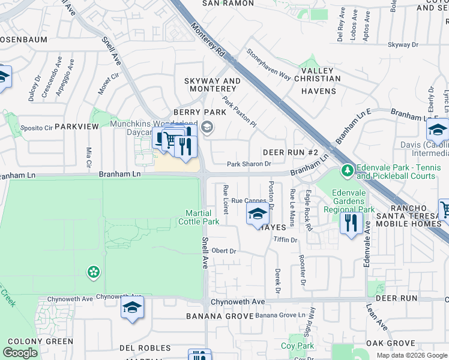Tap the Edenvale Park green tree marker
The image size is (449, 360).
pyautogui.click(x=347, y=172)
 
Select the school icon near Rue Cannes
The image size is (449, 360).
pyautogui.click(x=258, y=214)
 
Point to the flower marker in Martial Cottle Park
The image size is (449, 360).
pyautogui.click(x=93, y=272)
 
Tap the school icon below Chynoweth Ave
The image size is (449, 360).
pyautogui.click(x=132, y=309)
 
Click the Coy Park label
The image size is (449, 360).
pyautogui.click(x=298, y=346)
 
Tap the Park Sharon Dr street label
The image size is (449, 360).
pyautogui.click(x=249, y=164)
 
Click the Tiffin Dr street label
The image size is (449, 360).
pyautogui.click(x=285, y=240)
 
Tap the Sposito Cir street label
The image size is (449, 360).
pyautogui.click(x=37, y=128)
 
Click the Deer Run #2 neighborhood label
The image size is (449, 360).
pyautogui.click(x=290, y=153)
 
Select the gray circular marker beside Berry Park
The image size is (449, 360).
pyautogui.click(x=208, y=127)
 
